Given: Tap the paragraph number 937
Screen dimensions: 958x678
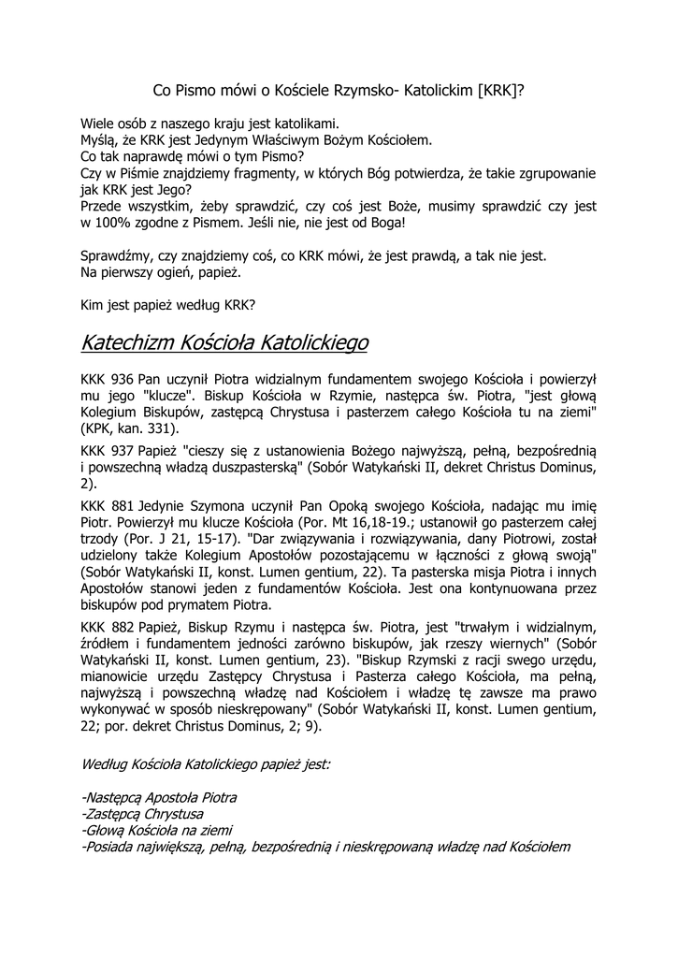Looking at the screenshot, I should pyautogui.click(x=123, y=449).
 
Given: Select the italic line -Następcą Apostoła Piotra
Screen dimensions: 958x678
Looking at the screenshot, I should pyautogui.click(x=159, y=797).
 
